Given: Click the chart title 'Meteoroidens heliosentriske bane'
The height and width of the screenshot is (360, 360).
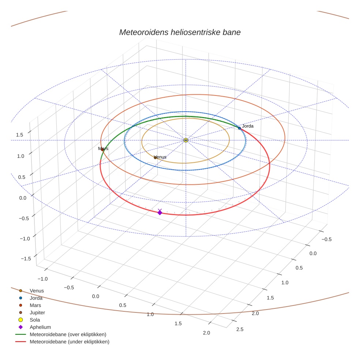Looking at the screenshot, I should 180,32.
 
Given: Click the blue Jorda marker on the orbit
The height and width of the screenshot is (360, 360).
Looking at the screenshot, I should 239,128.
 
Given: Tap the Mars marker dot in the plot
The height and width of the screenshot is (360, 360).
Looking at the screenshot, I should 102,150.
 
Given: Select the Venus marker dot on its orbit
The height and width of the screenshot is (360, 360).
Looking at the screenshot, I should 155,158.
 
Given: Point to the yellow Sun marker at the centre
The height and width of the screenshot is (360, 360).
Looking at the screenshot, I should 186,140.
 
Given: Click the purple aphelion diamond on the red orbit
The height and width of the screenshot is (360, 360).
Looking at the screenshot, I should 160,213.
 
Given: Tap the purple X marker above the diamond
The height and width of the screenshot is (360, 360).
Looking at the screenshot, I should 160,210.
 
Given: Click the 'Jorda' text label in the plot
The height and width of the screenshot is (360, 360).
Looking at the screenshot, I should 248,126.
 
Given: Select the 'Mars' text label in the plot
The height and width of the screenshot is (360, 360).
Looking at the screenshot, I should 103,149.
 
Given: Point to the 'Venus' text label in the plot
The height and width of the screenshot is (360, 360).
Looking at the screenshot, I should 160,157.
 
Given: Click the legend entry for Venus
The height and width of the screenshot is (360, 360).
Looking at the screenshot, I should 37,291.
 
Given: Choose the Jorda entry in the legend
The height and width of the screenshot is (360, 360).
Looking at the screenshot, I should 36,298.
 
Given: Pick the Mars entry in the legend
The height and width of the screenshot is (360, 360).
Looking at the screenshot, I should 35,305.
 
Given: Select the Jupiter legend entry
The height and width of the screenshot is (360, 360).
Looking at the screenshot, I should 37,313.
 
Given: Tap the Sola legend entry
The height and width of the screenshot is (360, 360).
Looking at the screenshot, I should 35,320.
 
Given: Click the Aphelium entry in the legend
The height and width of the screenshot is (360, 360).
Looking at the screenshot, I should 40,327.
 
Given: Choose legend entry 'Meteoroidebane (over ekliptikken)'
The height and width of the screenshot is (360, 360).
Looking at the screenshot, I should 68,334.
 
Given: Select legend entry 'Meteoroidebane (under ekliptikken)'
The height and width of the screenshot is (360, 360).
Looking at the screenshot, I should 69,342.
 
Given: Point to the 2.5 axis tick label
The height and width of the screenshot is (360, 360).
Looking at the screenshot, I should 240,329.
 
